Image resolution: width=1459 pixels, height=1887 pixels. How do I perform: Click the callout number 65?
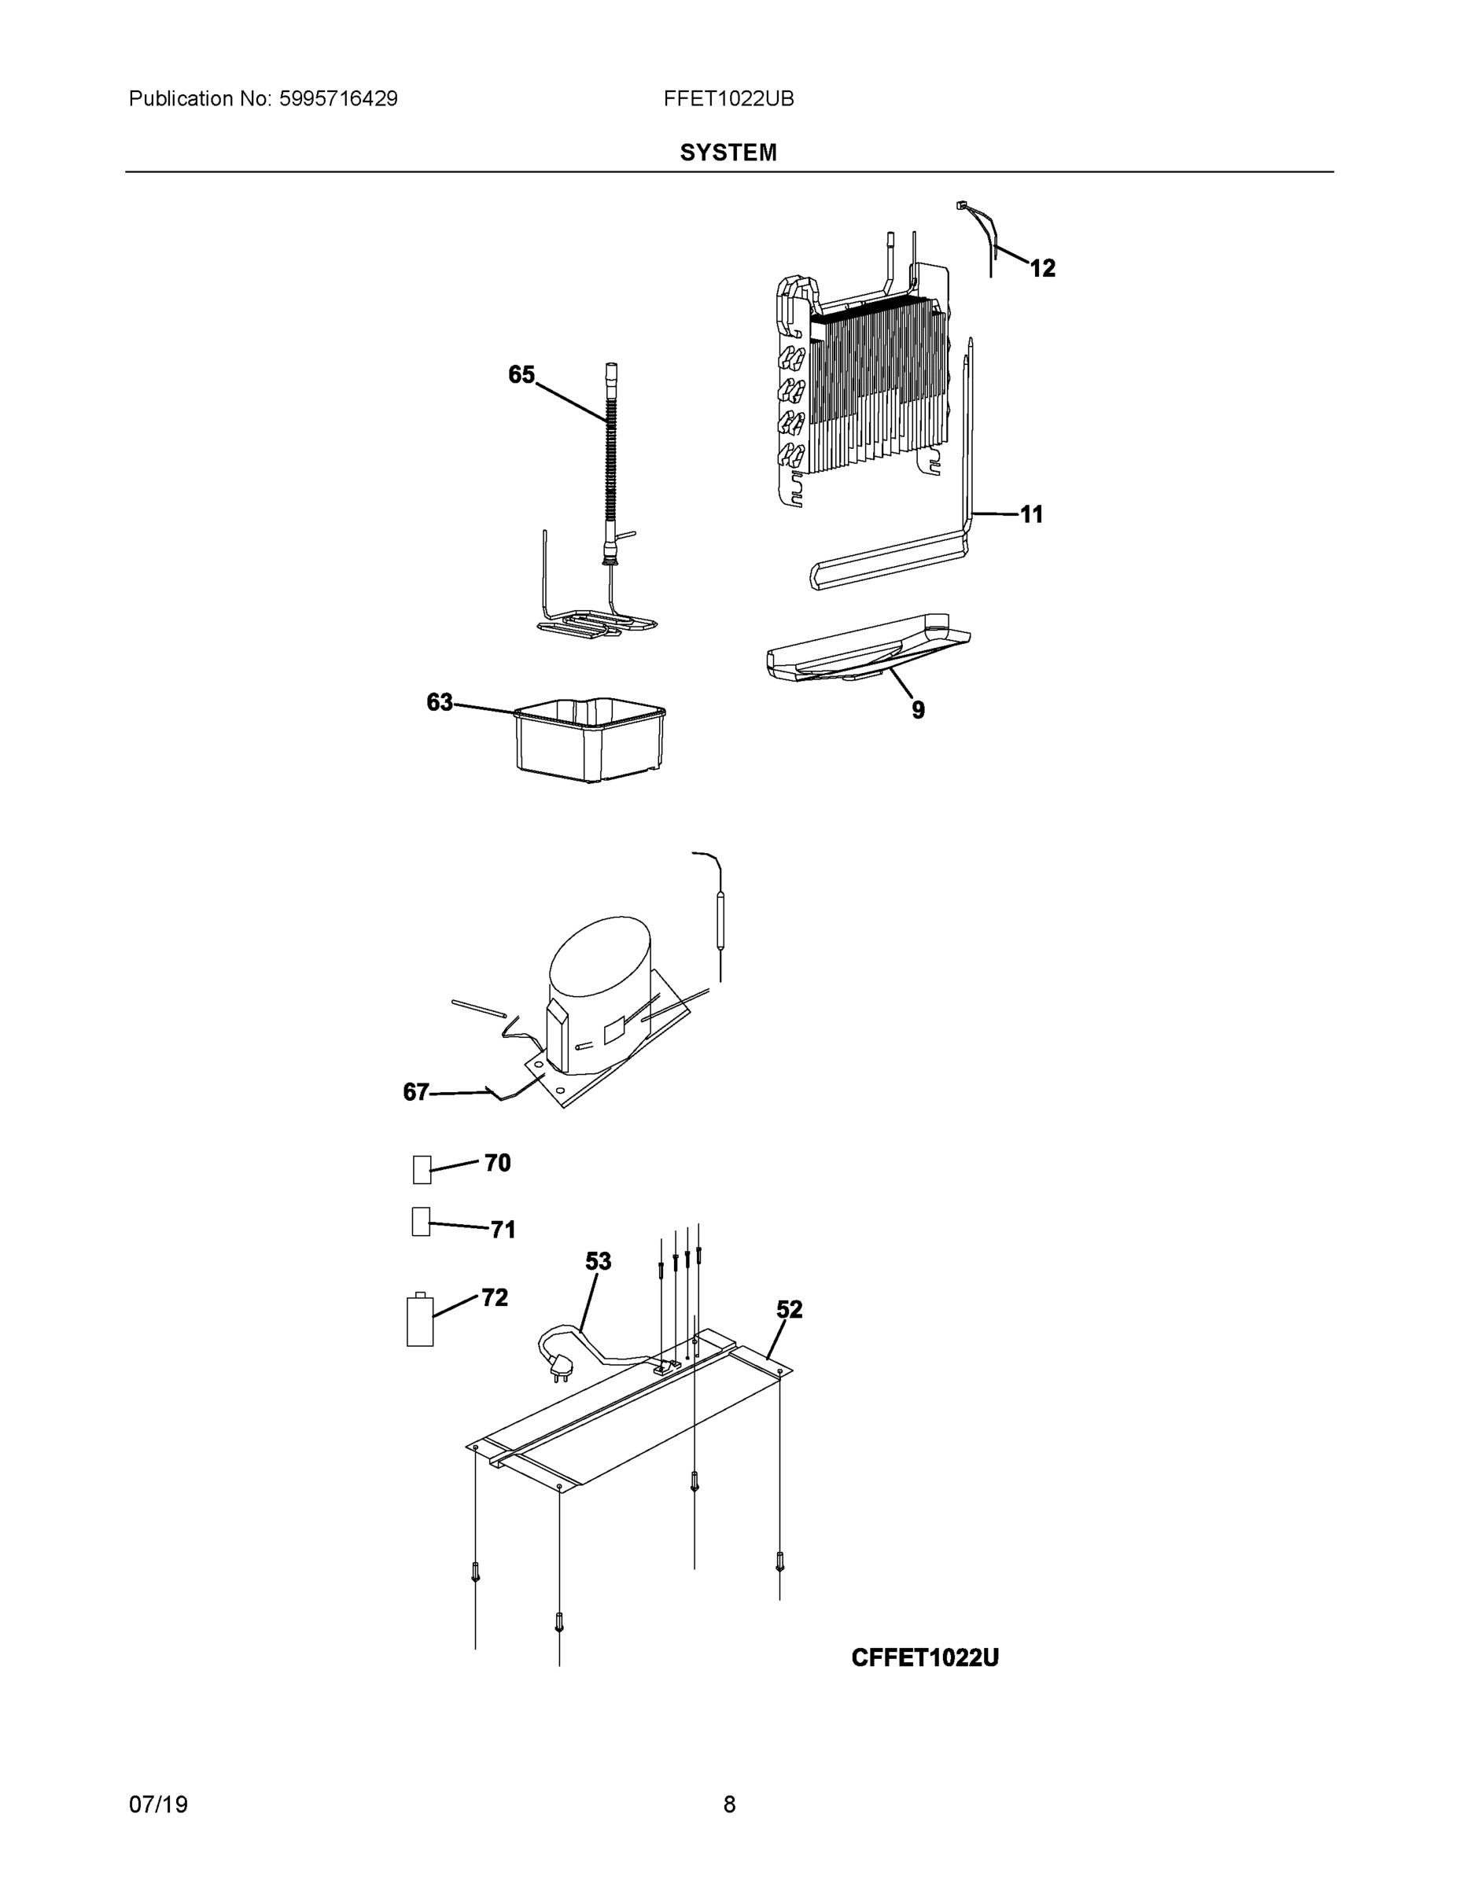click(521, 374)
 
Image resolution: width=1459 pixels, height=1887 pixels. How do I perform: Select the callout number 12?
click(1042, 269)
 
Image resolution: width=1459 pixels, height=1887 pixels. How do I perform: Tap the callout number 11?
click(1032, 515)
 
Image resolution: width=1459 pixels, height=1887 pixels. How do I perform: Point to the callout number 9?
click(918, 710)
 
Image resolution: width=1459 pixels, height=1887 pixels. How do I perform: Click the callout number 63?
click(439, 702)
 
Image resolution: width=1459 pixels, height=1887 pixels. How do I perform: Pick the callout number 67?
click(416, 1093)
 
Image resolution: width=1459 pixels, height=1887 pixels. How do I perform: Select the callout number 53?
click(598, 1262)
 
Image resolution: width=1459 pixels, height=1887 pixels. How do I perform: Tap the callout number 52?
click(789, 1310)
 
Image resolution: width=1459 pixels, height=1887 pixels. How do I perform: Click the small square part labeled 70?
click(422, 1170)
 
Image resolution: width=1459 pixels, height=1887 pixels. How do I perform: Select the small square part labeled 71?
click(421, 1222)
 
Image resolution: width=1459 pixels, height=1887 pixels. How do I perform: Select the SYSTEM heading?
click(728, 153)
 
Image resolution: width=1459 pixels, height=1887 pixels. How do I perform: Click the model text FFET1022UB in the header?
click(728, 99)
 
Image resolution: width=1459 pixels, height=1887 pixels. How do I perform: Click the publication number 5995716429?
click(338, 99)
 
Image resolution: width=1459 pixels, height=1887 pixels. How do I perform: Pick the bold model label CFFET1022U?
click(924, 1658)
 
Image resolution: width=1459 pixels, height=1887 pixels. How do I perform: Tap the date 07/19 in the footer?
click(158, 1804)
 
